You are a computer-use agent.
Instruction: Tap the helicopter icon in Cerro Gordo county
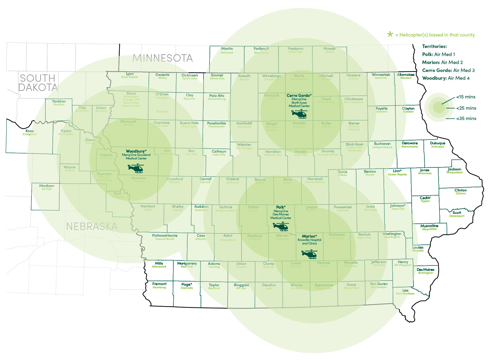pos(299,114)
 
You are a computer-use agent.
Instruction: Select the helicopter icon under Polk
pos(281,227)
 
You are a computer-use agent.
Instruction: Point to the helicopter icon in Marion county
pos(309,254)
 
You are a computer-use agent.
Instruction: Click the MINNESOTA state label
pos(163,58)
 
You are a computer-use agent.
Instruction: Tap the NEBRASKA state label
pos(92,226)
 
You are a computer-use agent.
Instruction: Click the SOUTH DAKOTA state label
pos(38,83)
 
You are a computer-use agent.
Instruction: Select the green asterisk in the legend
pos(390,34)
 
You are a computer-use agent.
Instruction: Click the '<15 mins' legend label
pos(466,97)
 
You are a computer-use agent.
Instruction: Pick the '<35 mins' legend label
pos(466,119)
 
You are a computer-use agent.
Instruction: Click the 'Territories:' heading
pos(434,47)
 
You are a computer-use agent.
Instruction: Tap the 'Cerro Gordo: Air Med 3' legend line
pos(448,70)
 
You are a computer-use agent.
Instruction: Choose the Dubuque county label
pos(437,143)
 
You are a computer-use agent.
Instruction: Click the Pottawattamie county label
pos(165,236)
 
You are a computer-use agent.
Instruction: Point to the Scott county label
pos(457,213)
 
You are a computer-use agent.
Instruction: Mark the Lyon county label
pos(130,74)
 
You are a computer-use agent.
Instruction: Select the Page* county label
pos(187,284)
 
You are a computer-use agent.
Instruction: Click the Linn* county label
pos(397,171)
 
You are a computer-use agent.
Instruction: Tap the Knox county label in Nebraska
pos(30,131)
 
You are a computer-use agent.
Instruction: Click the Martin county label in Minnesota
pos(227,49)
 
